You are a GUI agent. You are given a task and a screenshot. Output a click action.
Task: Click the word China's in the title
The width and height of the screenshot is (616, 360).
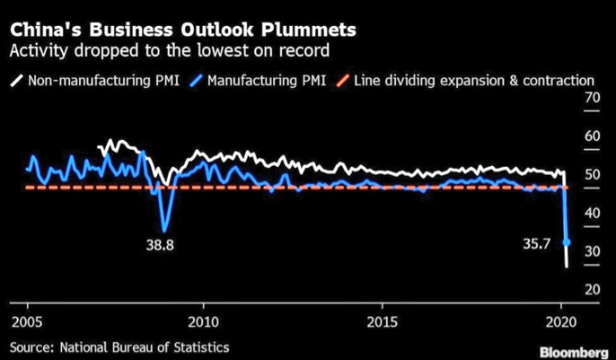pos(47,30)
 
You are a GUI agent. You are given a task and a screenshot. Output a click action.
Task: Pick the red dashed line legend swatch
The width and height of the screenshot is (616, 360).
pos(342,80)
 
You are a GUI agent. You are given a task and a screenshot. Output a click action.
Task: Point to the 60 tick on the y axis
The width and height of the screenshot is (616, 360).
pos(593,136)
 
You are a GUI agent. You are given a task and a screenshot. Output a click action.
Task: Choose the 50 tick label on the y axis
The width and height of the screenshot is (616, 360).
pos(593,174)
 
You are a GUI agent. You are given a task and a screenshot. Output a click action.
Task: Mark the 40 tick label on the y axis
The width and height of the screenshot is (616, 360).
pos(593,213)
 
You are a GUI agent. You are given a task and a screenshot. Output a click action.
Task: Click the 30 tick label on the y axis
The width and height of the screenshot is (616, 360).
pos(593,251)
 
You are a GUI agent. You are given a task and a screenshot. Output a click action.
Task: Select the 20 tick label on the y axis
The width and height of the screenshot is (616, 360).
pos(593,289)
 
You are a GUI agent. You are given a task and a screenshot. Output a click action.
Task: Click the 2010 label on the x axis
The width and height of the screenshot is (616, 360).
pos(204,320)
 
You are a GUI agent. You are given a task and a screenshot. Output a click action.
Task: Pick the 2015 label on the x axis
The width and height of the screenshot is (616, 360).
pos(383,320)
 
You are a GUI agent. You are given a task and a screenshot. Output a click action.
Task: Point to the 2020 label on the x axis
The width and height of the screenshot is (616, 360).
pos(560,320)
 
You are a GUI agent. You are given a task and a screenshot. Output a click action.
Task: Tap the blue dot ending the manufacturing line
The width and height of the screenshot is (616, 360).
pos(567,241)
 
